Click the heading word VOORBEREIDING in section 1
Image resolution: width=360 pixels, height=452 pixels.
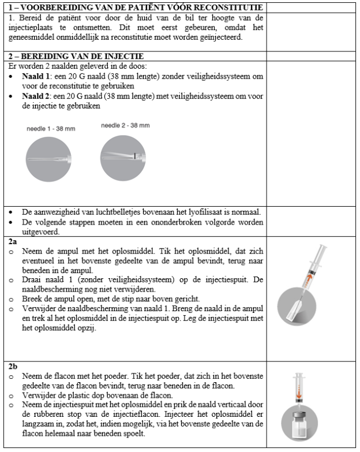click(x=47, y=8)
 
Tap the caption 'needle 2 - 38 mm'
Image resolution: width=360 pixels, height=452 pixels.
click(x=126, y=125)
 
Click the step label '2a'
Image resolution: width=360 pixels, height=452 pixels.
click(x=13, y=238)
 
